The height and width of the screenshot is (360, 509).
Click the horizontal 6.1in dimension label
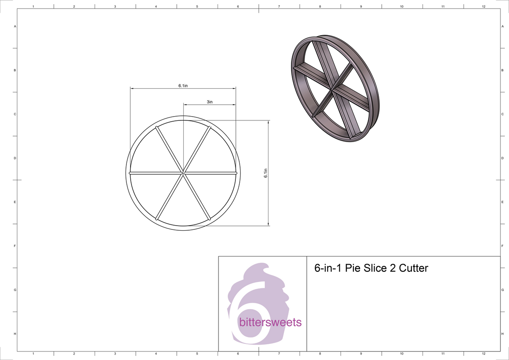coord(183,86)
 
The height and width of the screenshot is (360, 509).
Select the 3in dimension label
coord(210,102)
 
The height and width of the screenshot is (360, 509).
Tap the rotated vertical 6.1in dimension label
coord(266,173)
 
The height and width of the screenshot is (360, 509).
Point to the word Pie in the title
coord(352,268)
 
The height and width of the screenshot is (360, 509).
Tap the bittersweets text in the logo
coord(270,323)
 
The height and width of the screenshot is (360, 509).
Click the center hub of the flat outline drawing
coord(183,173)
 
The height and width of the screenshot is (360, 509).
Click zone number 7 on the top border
coord(279,6)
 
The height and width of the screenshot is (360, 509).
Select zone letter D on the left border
coord(15,158)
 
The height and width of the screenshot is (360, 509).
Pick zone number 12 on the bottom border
coord(484,353)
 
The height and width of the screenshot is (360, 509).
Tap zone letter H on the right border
coord(502,334)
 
